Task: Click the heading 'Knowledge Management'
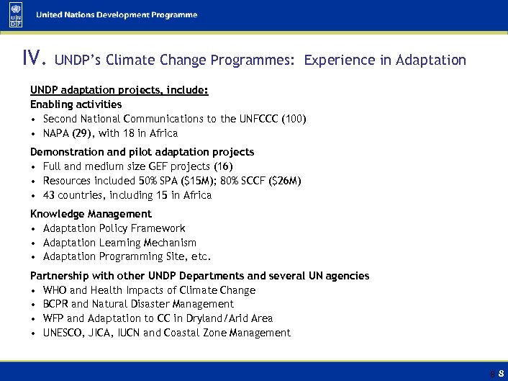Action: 91,214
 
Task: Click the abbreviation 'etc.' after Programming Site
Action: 200,256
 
